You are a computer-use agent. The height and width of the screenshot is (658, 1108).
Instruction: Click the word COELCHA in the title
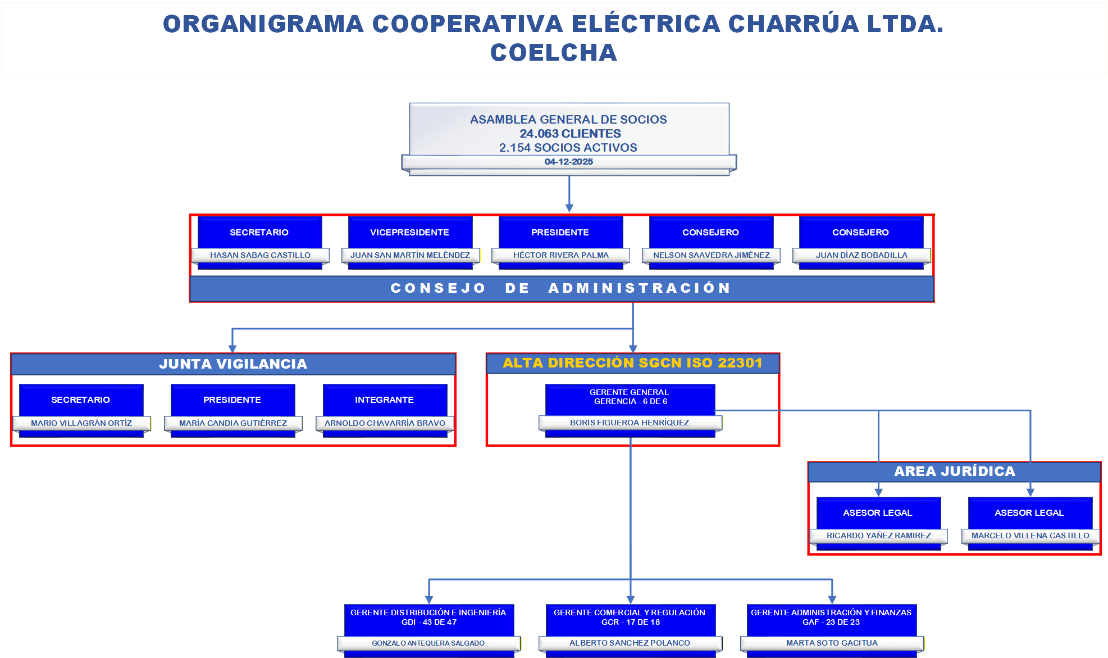tap(553, 53)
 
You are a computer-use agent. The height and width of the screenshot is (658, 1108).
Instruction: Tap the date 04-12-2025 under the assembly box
tap(568, 162)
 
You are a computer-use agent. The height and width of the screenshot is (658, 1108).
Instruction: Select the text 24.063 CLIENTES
tap(570, 134)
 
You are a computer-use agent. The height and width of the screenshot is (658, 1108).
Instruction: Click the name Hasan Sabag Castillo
tap(260, 255)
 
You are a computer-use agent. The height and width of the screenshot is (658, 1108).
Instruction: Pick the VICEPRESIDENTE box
tap(409, 232)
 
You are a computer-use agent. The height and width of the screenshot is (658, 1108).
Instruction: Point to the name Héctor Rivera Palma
tap(560, 255)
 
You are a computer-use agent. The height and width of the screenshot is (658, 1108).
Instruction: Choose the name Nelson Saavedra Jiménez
tap(711, 255)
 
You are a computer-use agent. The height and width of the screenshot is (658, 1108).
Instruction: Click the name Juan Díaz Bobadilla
tap(861, 255)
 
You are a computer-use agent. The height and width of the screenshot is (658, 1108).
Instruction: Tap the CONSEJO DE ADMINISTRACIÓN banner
tap(560, 288)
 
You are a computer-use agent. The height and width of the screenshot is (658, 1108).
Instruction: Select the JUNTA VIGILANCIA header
tap(233, 364)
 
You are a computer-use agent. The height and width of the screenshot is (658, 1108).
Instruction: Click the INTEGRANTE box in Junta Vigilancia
tap(384, 400)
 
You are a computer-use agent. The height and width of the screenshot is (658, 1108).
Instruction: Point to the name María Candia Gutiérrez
tap(232, 423)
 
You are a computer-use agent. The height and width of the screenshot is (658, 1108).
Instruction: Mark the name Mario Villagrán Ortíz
tap(81, 423)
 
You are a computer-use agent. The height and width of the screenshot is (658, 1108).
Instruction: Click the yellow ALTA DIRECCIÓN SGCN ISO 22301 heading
tap(632, 363)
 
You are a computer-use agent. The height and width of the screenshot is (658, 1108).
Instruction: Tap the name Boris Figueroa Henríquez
tap(629, 423)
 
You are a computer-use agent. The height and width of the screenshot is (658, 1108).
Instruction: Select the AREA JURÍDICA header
tap(954, 471)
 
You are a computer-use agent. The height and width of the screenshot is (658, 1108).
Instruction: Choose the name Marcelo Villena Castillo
tap(1030, 536)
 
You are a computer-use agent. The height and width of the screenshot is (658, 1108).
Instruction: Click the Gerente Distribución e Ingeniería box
tap(428, 617)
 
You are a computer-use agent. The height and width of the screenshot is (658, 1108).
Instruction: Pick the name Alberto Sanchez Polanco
tap(630, 643)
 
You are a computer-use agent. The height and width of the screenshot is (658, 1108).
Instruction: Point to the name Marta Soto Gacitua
tap(832, 643)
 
